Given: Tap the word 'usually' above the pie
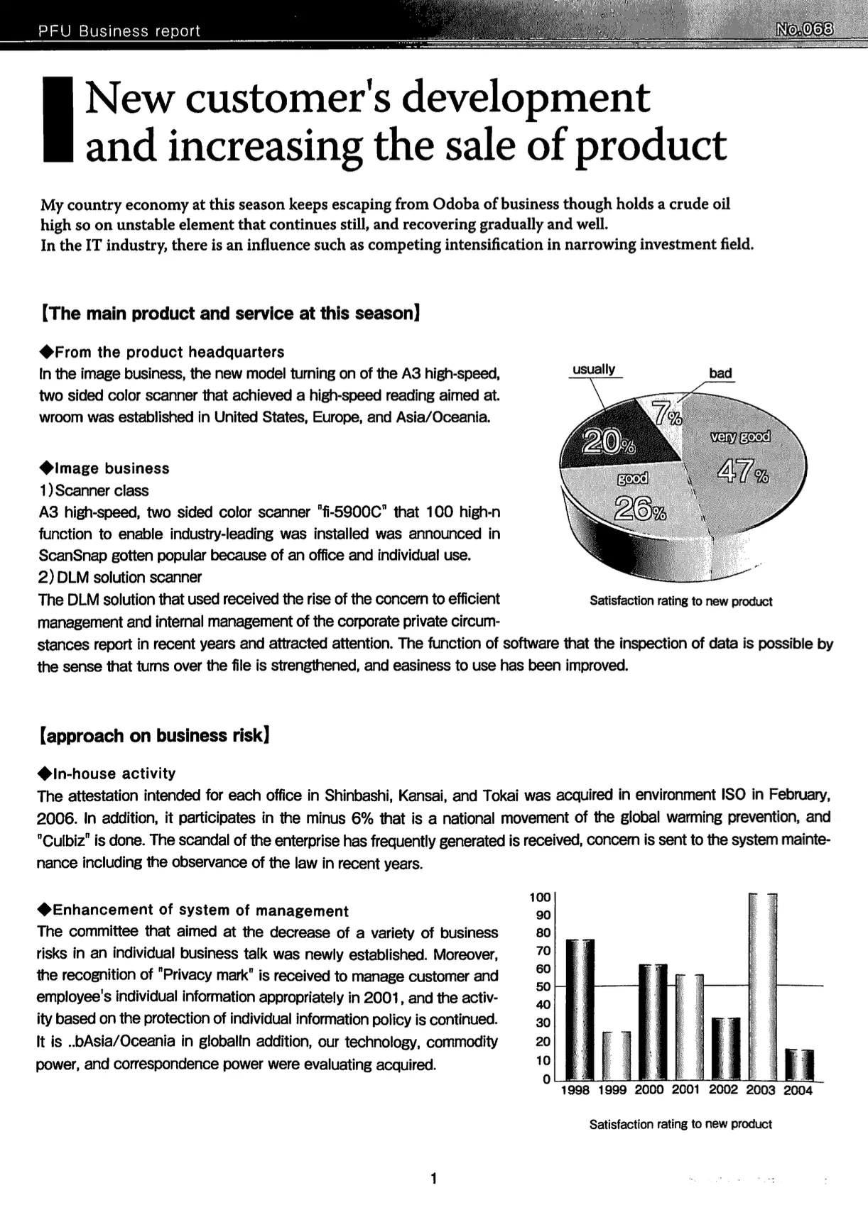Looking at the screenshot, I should pyautogui.click(x=594, y=369).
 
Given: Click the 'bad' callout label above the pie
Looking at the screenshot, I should pyautogui.click(x=720, y=373).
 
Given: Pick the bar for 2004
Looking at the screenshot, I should pyautogui.click(x=800, y=1064).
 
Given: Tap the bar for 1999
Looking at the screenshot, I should pyautogui.click(x=616, y=1055).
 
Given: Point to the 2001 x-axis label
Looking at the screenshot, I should pyautogui.click(x=685, y=1090).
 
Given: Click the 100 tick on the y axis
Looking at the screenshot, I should pyautogui.click(x=540, y=898).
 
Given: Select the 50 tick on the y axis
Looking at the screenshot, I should pyautogui.click(x=542, y=986).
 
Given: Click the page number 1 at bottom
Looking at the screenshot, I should pyautogui.click(x=434, y=1179).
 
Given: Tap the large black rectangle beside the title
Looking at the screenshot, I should pyautogui.click(x=58, y=121).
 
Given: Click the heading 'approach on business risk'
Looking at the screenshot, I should pyautogui.click(x=153, y=735).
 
